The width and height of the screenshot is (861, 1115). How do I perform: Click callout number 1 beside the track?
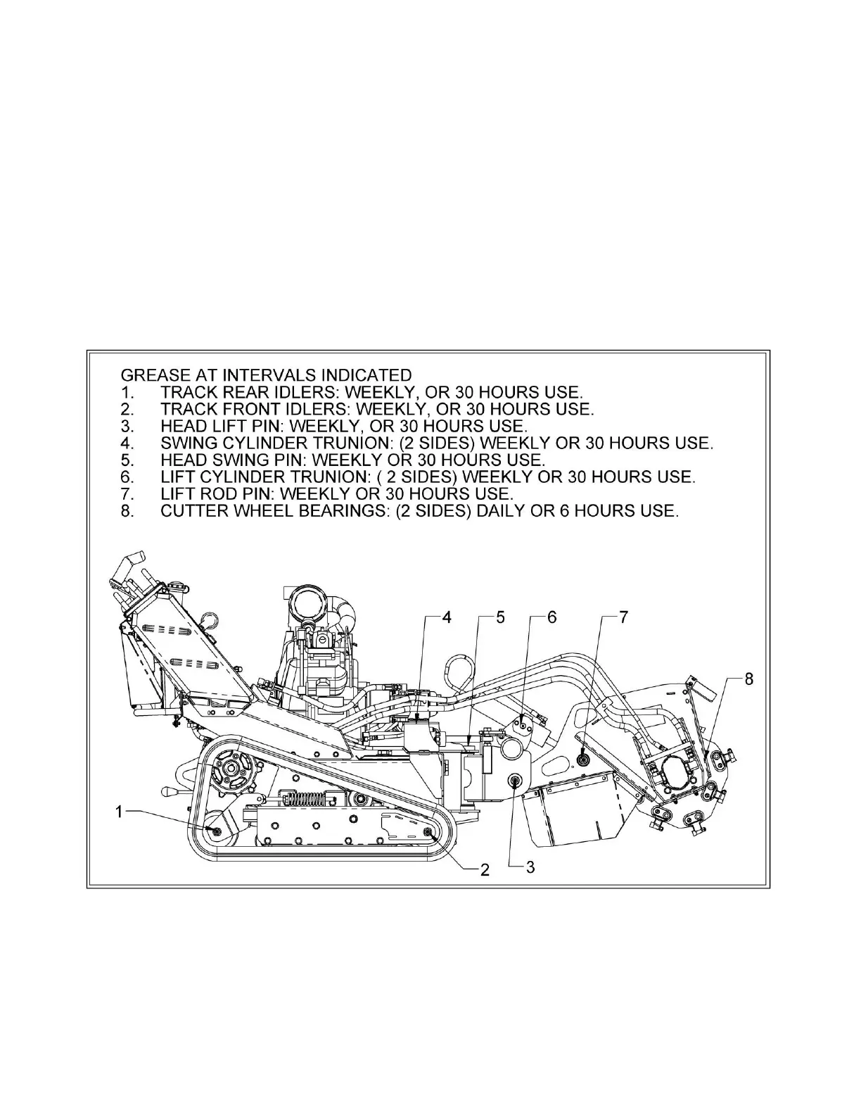pyautogui.click(x=120, y=812)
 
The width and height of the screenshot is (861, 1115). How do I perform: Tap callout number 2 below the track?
pyautogui.click(x=484, y=869)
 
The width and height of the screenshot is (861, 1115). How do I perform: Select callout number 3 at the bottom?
pyautogui.click(x=530, y=867)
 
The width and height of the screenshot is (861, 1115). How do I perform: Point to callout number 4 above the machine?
pyautogui.click(x=446, y=617)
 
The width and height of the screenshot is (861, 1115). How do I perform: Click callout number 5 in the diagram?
pyautogui.click(x=499, y=617)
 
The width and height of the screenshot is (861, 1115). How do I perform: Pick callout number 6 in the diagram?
pyautogui.click(x=551, y=617)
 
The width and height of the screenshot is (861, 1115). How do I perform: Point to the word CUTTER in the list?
pyautogui.click(x=196, y=510)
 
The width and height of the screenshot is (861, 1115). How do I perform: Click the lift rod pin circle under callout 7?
pyautogui.click(x=583, y=758)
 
